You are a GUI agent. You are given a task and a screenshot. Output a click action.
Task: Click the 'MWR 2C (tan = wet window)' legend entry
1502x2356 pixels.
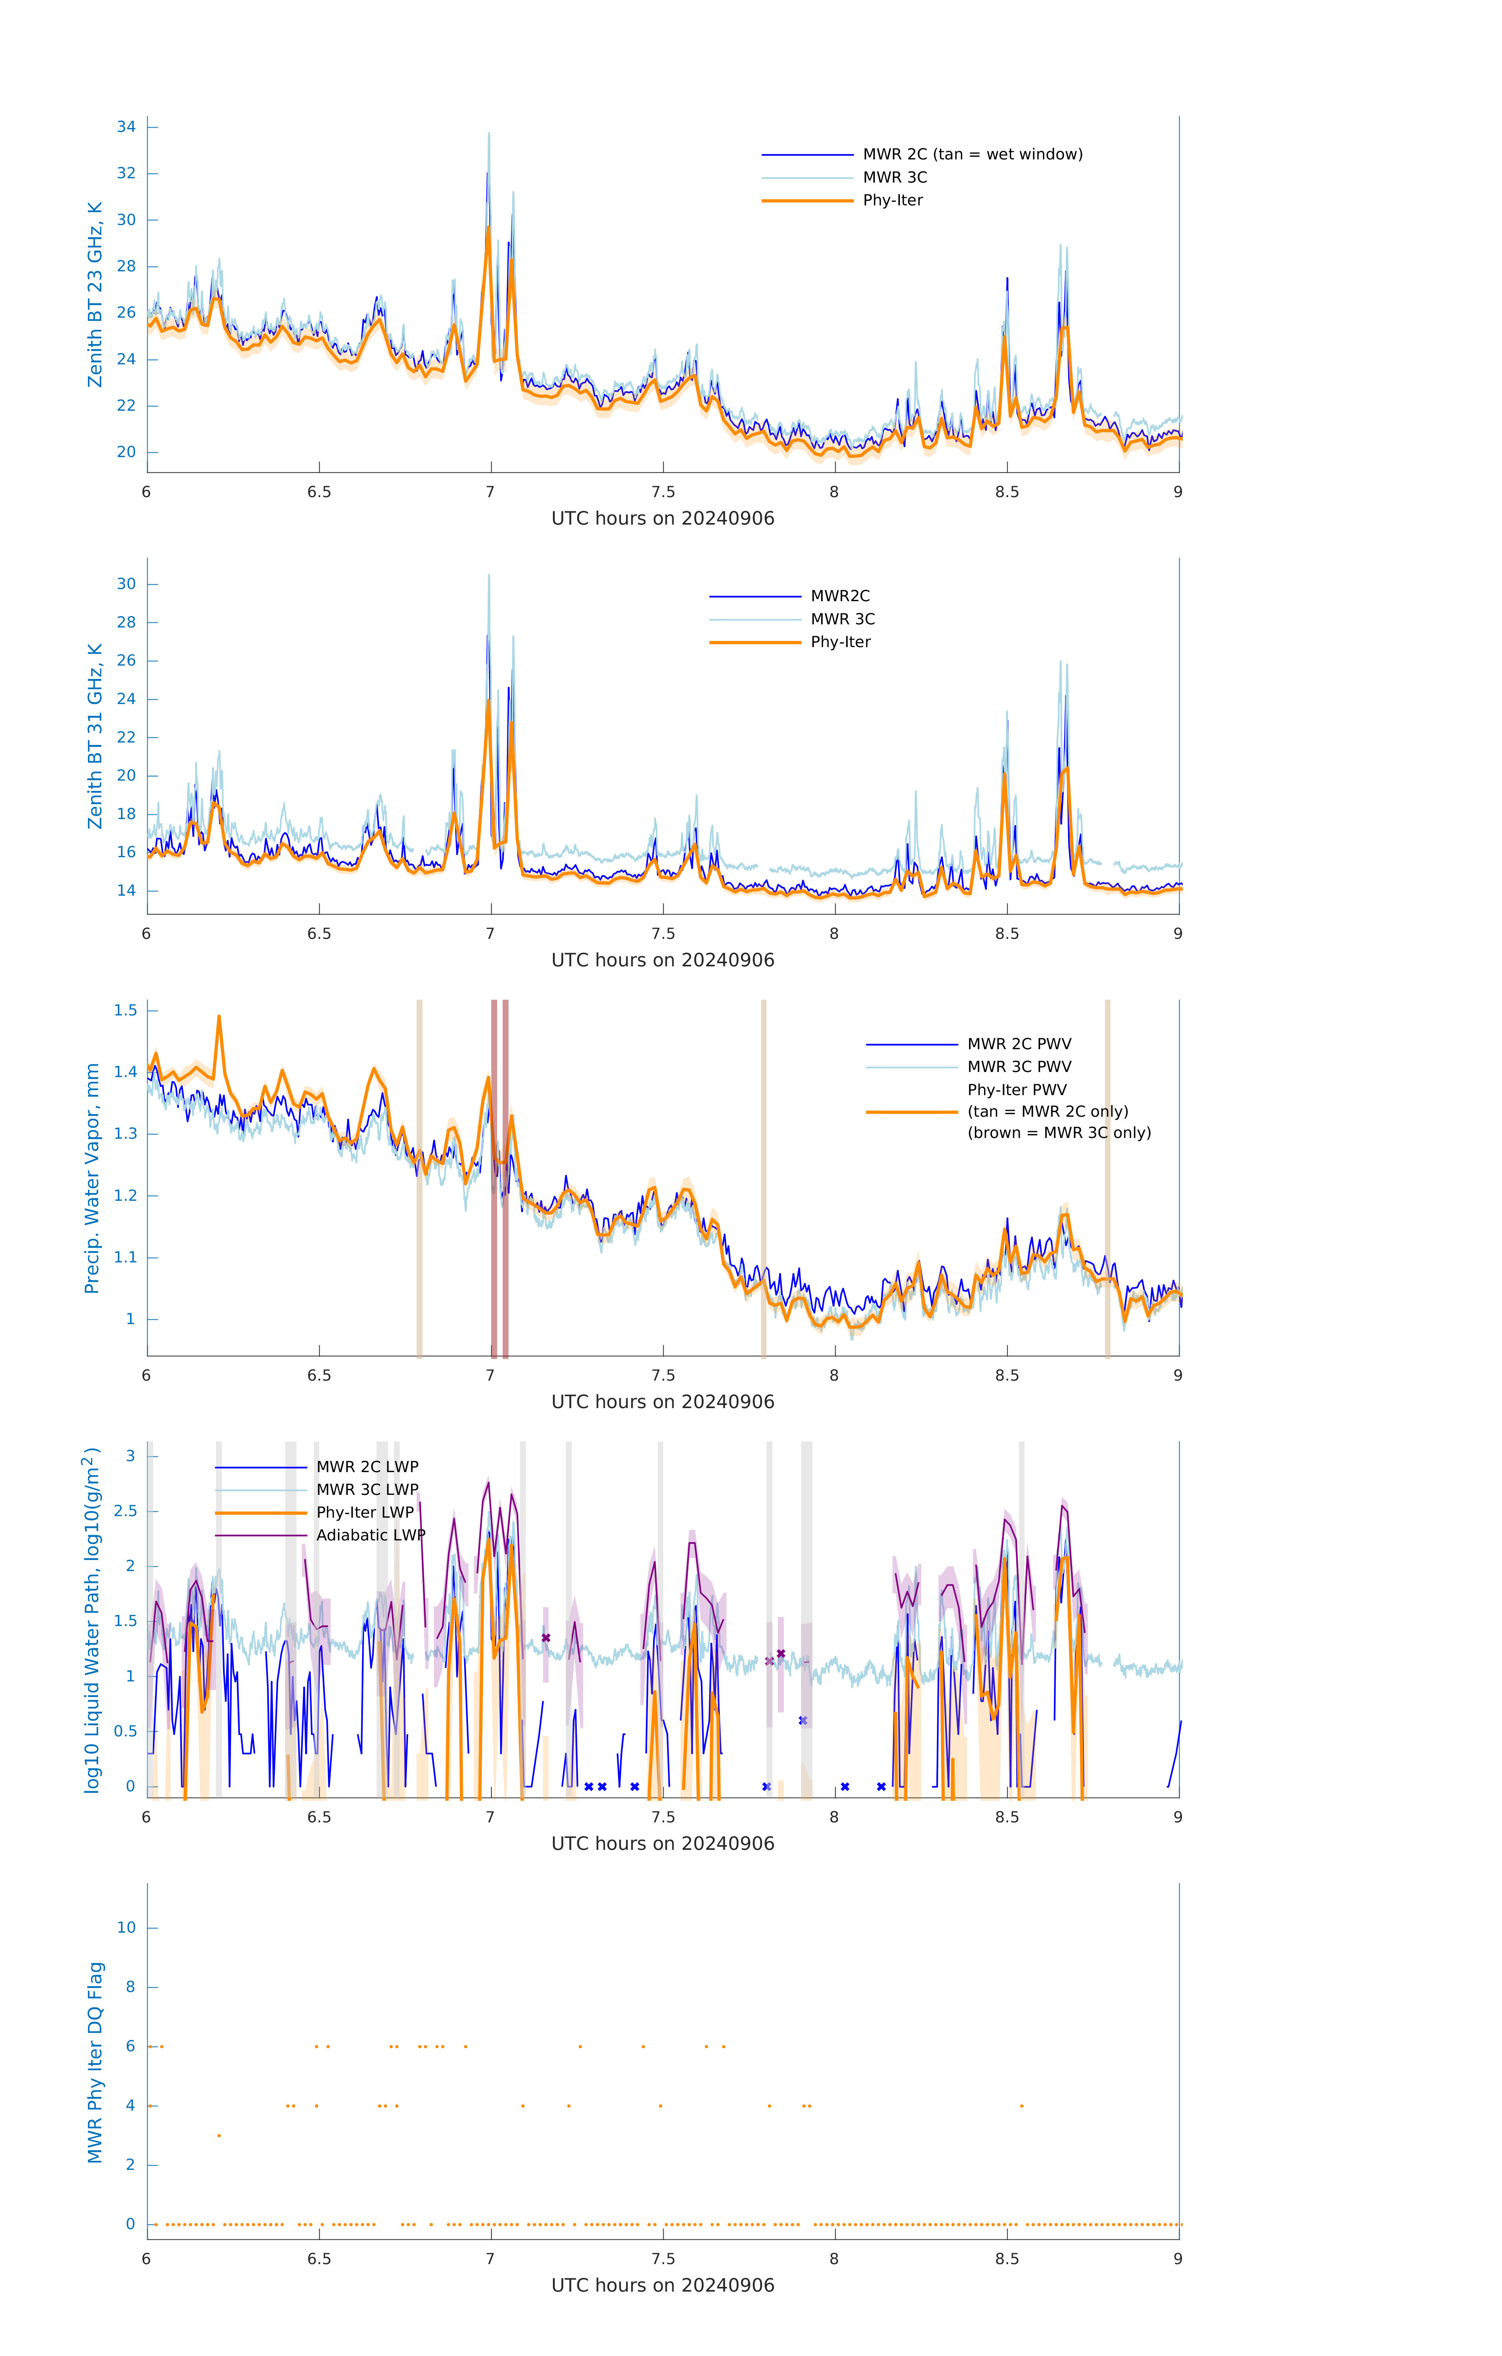(971, 155)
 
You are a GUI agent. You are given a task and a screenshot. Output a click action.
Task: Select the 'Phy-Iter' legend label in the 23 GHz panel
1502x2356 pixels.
(893, 201)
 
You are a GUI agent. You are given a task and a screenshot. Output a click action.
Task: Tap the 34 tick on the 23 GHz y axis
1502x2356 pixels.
(126, 127)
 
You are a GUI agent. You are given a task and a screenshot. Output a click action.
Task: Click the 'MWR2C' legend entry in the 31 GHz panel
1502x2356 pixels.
(840, 596)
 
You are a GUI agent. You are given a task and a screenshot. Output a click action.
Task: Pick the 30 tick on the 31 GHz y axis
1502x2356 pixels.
(126, 584)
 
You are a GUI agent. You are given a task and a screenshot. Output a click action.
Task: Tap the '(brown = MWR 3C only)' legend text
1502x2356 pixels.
(1059, 1133)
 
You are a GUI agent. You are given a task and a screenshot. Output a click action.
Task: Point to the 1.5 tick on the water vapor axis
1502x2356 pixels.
(125, 1011)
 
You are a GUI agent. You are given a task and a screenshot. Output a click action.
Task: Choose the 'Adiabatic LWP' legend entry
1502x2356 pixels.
(370, 1535)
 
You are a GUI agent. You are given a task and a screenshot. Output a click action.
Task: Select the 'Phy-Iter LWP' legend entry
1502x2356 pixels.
(364, 1513)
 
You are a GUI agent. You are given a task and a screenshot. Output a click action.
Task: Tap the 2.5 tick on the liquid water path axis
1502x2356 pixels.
(125, 1512)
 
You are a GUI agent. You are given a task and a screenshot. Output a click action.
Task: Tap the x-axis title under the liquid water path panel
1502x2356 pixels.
(662, 1844)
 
